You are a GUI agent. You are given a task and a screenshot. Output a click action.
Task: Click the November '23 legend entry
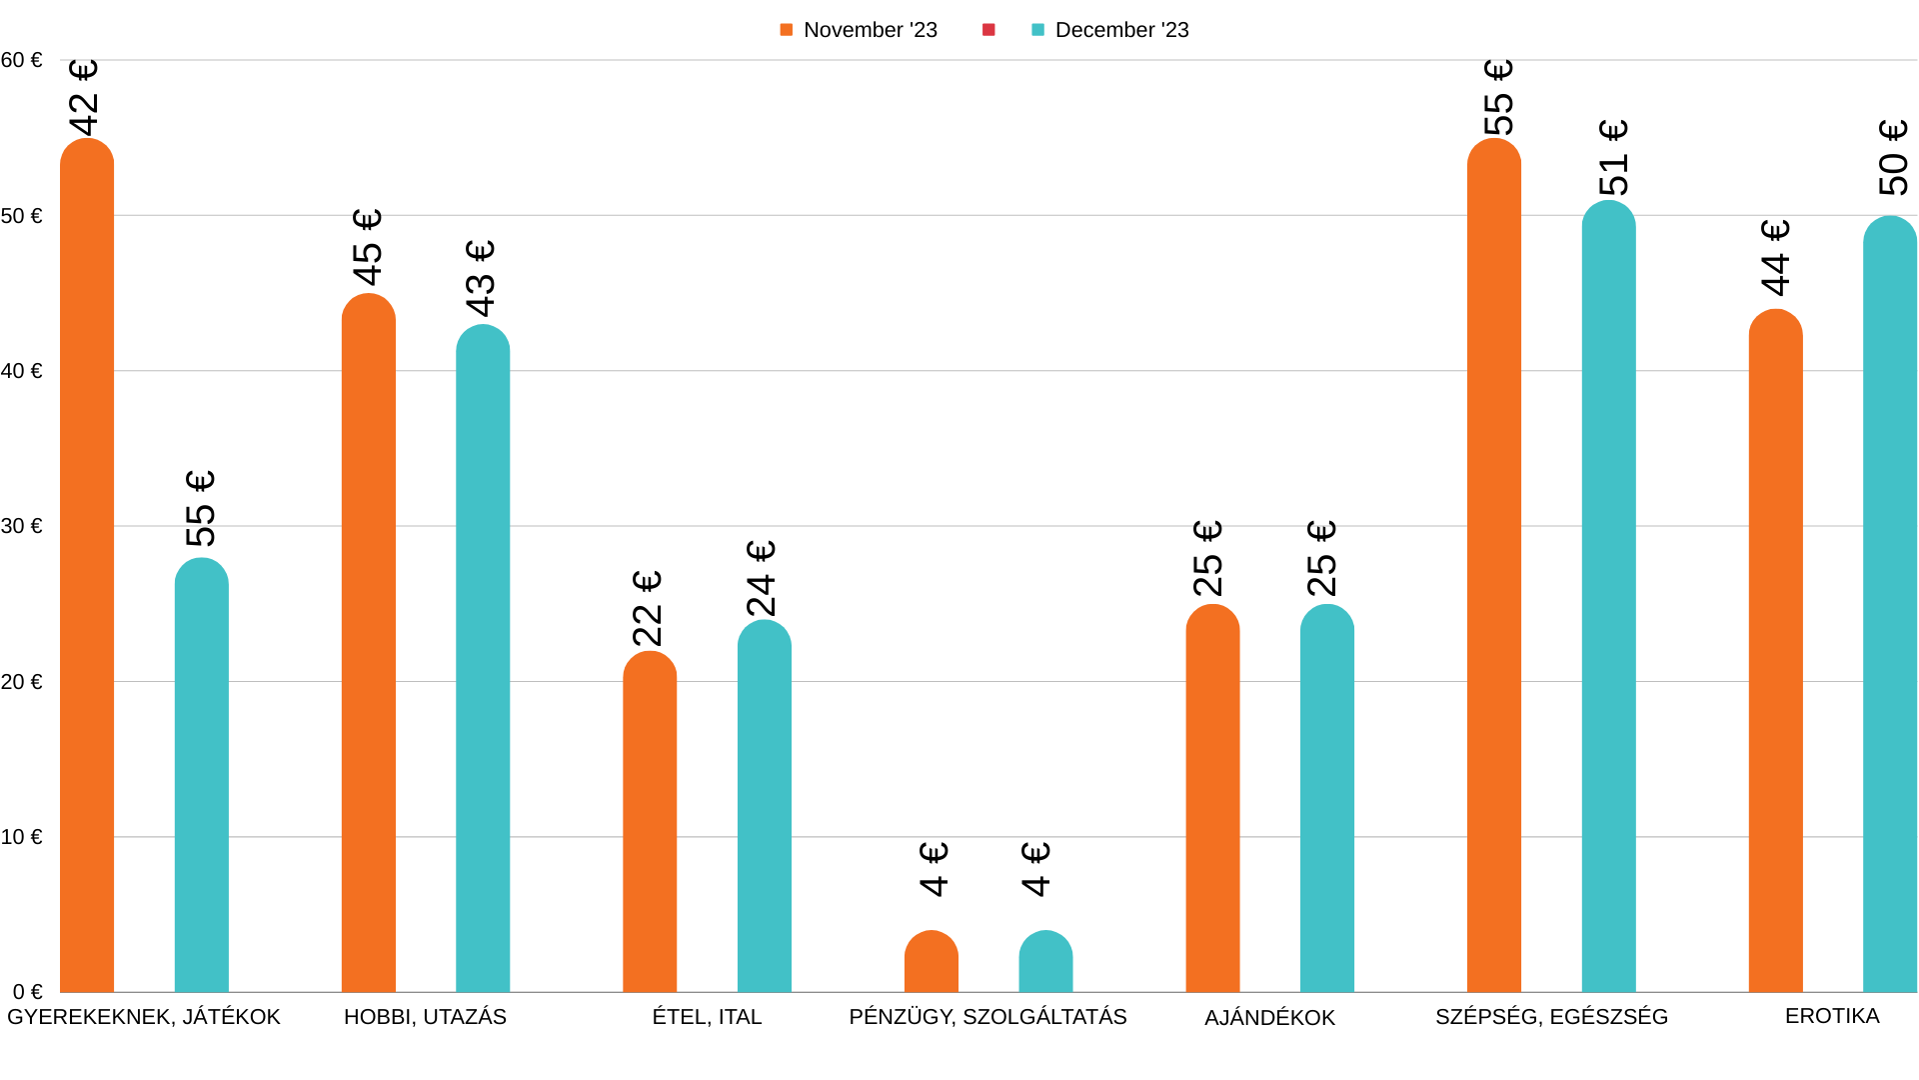pos(859,30)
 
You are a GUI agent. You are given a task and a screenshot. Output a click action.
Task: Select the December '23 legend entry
pos(1110,30)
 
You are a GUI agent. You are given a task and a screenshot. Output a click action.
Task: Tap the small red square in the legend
pos(988,30)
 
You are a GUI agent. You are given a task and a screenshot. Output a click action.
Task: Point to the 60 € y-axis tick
pos(22,60)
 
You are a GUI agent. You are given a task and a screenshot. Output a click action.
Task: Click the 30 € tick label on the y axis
pos(22,526)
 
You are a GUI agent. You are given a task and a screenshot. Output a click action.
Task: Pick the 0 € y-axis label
pos(28,992)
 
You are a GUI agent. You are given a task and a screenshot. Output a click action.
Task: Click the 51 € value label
pos(1613,158)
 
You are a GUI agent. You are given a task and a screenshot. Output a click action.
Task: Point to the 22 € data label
pos(648,609)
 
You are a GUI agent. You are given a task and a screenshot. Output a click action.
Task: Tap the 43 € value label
pos(481,279)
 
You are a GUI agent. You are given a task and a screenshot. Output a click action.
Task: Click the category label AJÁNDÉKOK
pos(1269,1018)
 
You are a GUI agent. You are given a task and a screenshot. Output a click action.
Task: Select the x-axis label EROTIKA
pos(1832,1016)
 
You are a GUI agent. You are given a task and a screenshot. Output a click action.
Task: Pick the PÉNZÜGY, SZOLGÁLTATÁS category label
pos(987,1017)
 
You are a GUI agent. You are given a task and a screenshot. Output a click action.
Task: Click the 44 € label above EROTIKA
pos(1775,258)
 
